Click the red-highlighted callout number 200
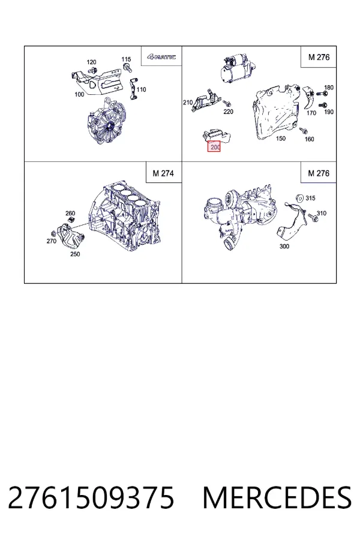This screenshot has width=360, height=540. coord(214,147)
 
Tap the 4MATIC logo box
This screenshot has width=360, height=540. coord(161,56)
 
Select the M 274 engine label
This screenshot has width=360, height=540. coord(163,173)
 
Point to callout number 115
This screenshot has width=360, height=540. coord(126,59)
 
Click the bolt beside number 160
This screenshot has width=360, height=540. coord(304,131)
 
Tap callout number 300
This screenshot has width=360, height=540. coord(284,246)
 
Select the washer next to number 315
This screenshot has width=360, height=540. coord(300,198)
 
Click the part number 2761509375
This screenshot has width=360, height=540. coord(91,497)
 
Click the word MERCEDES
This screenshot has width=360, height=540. coord(277,497)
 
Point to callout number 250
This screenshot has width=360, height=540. coord(75,254)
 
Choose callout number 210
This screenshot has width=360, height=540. coord(188,102)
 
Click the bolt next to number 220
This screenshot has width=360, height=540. coord(227,103)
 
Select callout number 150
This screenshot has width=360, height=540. coord(281,138)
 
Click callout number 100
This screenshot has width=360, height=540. coord(79,94)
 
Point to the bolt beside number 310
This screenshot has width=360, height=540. coord(313,217)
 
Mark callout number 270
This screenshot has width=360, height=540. coord(52,241)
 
